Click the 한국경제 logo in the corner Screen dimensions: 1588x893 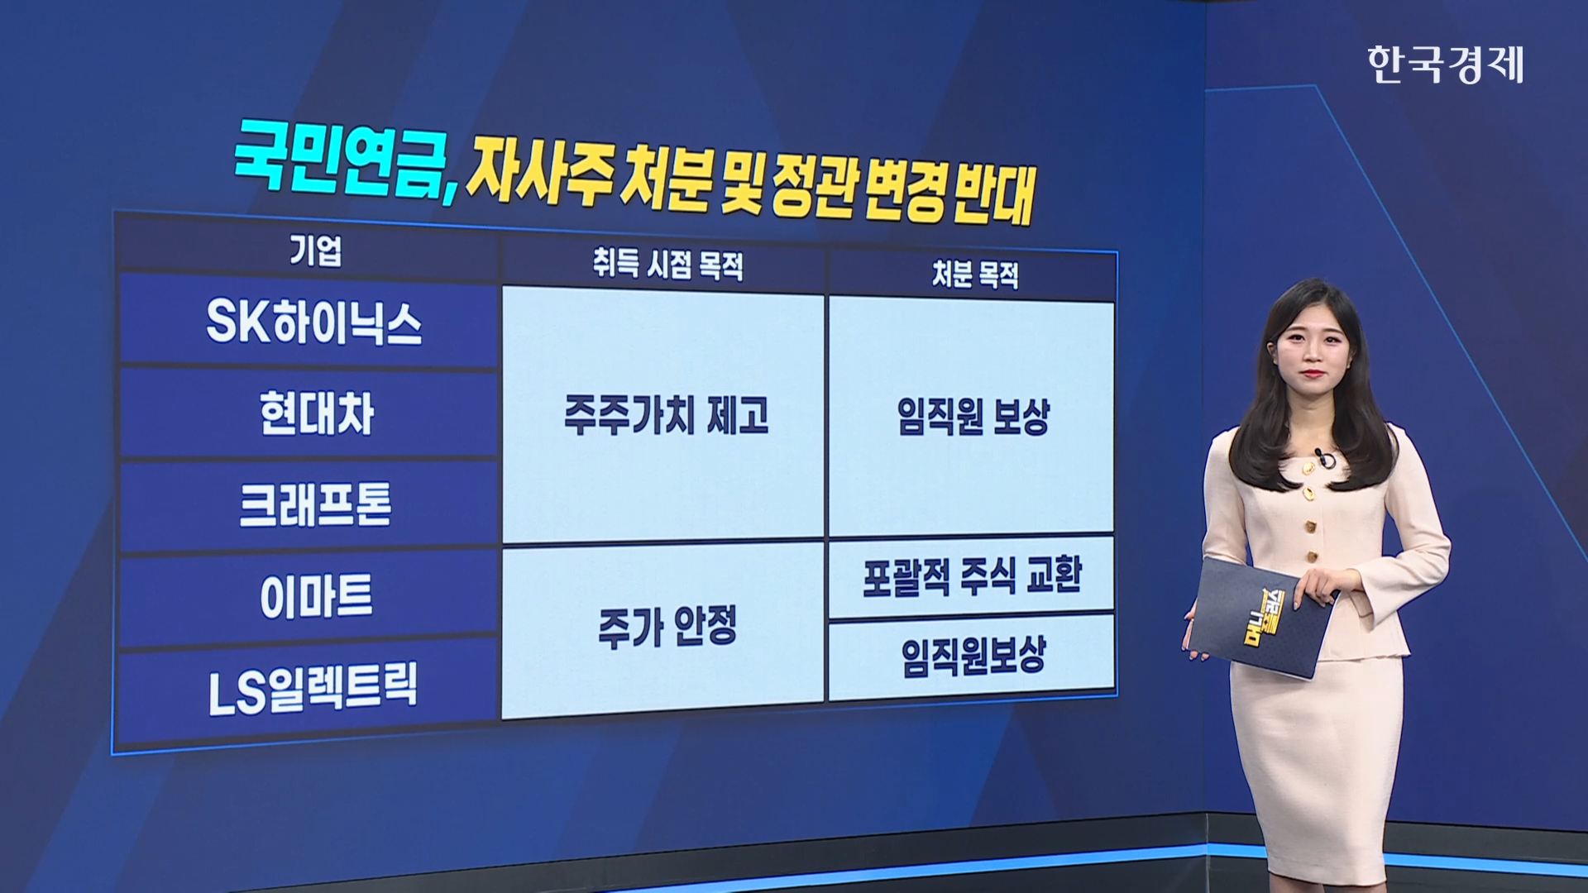pyautogui.click(x=1445, y=64)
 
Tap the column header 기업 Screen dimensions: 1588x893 pyautogui.click(x=315, y=251)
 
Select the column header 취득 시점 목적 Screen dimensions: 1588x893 pyautogui.click(x=667, y=265)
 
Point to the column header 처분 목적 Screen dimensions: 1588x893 pyautogui.click(x=975, y=274)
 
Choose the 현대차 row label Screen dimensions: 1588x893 pyautogui.click(x=317, y=413)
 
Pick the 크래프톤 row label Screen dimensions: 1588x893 pyautogui.click(x=315, y=504)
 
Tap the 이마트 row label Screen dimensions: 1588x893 pyautogui.click(x=316, y=595)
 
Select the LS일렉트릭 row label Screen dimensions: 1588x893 pyautogui.click(x=313, y=687)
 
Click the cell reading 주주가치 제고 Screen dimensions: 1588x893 pyautogui.click(x=667, y=414)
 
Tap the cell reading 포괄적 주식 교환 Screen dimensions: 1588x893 pyautogui.click(x=972, y=575)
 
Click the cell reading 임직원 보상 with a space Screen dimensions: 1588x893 pyautogui.click(x=973, y=417)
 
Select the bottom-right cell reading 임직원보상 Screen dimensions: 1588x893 pyautogui.click(x=973, y=656)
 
